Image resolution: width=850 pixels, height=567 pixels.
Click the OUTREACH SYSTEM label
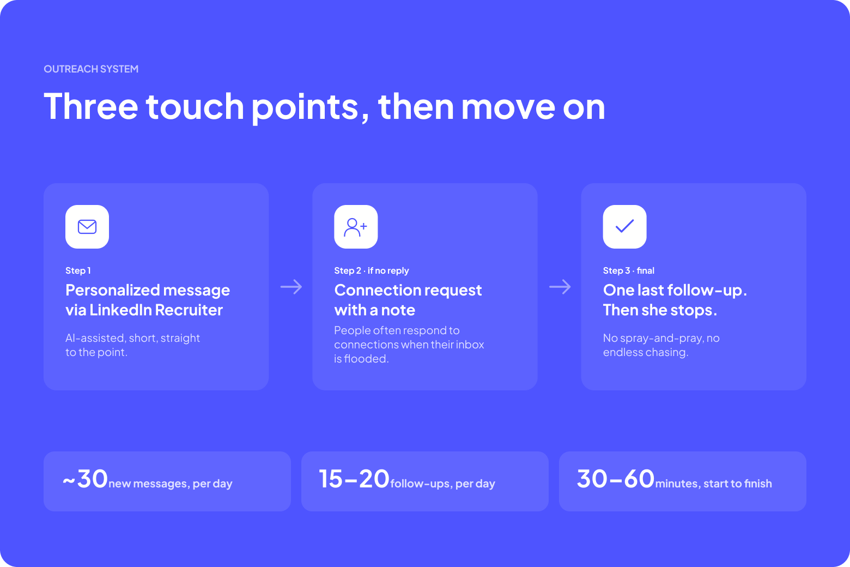(91, 69)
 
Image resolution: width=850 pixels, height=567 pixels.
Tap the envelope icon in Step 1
(87, 227)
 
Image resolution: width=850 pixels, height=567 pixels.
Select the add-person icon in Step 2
(356, 227)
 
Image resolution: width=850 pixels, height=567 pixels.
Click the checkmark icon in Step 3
(624, 226)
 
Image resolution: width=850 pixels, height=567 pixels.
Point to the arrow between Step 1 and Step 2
(291, 287)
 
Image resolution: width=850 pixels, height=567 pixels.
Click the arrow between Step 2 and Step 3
(560, 287)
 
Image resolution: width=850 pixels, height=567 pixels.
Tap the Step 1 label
(78, 270)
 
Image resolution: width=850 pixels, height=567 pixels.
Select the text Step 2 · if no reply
(372, 270)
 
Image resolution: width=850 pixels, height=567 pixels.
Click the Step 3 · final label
(628, 270)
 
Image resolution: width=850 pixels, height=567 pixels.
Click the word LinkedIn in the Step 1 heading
(120, 310)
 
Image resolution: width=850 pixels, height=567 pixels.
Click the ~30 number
(86, 479)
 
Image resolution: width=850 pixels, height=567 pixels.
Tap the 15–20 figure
(354, 479)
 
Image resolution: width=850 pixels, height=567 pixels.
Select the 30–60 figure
(616, 479)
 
